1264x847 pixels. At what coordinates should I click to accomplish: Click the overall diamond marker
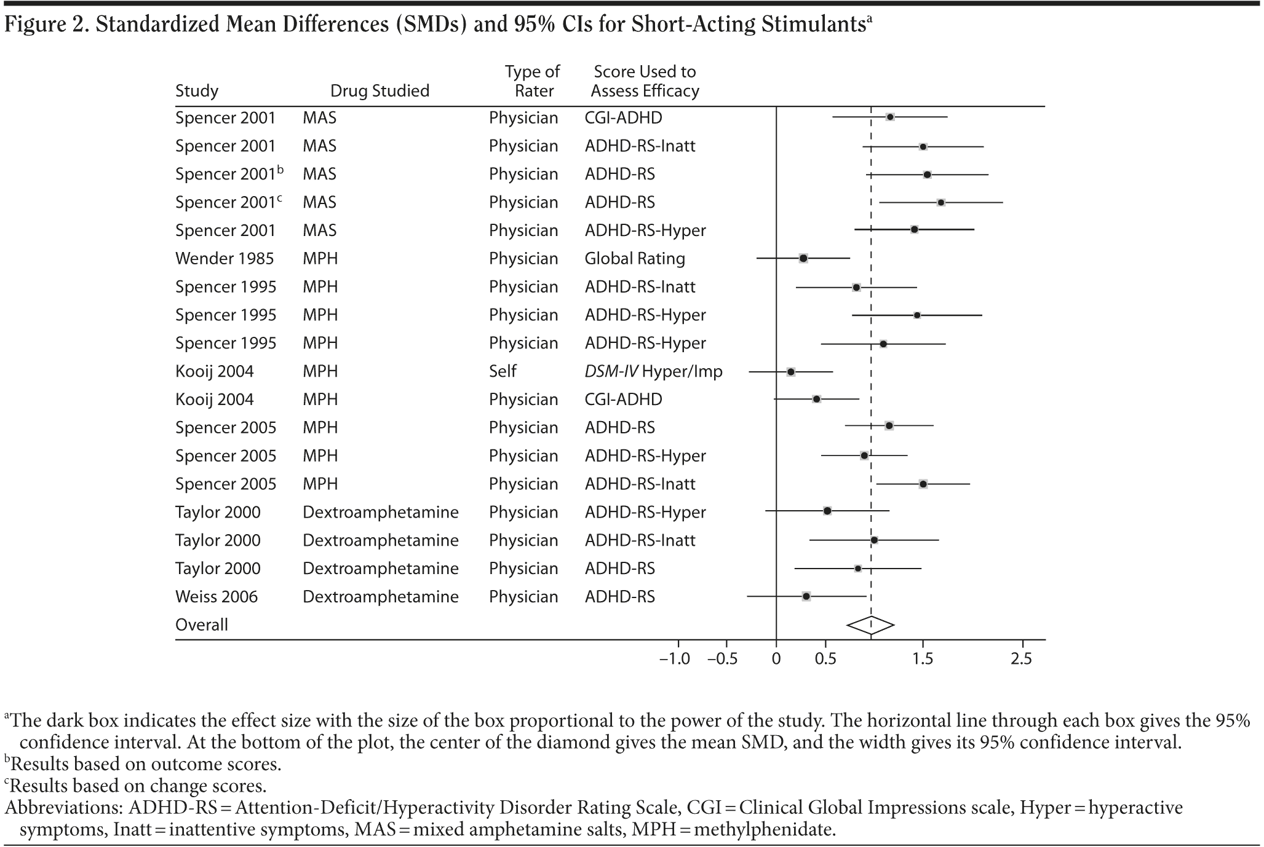coord(870,625)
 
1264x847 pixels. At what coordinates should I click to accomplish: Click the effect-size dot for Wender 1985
coord(803,258)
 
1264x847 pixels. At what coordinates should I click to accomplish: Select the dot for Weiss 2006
coord(806,596)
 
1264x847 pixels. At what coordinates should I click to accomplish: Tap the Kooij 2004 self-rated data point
coord(791,372)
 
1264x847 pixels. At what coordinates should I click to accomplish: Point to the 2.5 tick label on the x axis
coord(1021,659)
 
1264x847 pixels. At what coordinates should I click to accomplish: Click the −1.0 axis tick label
coord(675,659)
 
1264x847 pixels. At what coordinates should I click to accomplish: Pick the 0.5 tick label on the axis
coord(825,659)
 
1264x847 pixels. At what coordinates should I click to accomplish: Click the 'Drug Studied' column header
coord(380,91)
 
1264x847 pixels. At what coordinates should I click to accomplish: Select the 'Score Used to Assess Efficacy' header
coord(645,81)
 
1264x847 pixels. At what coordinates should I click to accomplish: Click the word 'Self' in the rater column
coord(503,371)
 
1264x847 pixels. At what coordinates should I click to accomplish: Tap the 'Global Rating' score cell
coord(635,259)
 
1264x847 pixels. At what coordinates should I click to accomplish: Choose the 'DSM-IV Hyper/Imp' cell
coord(653,371)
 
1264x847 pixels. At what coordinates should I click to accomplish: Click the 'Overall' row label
coord(202,625)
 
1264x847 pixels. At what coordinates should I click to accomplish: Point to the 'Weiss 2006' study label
coord(217,597)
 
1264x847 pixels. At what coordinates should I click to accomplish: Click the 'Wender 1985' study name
coord(225,259)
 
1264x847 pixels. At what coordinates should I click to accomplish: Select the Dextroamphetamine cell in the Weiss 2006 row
coord(381,597)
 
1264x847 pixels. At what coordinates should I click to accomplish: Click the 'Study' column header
coord(197,91)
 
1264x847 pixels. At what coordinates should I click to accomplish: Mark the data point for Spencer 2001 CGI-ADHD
coord(890,117)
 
